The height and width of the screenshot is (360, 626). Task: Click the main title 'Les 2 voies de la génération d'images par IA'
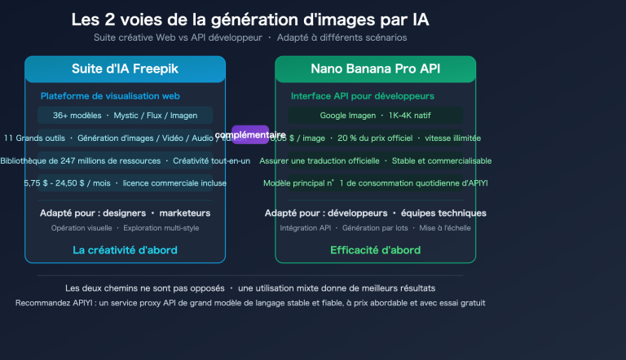point(250,19)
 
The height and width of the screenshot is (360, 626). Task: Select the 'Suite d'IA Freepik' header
point(125,69)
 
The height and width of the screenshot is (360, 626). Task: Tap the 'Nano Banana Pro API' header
point(375,69)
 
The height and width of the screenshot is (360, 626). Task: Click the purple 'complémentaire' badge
point(250,134)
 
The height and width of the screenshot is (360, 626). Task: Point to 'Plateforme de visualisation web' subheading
point(110,96)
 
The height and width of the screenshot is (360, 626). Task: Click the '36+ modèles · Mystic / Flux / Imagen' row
point(125,116)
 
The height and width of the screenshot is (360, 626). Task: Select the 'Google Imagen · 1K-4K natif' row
point(375,116)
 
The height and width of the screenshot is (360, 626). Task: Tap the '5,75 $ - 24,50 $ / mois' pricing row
point(125,183)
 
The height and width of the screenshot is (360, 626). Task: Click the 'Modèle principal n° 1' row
point(375,183)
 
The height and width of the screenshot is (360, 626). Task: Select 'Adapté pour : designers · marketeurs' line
point(125,213)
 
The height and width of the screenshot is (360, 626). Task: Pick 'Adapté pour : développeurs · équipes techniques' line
point(375,213)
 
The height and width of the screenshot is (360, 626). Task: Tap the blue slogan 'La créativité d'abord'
point(125,250)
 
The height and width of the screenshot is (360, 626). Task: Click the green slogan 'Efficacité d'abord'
point(375,250)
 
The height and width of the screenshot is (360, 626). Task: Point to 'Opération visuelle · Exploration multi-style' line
point(125,228)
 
